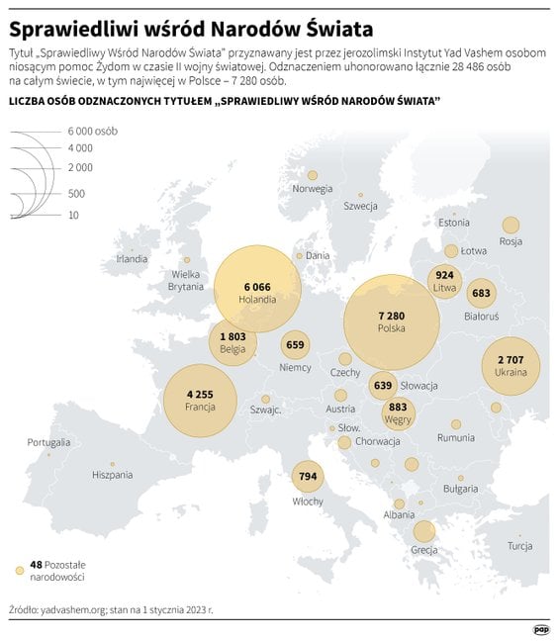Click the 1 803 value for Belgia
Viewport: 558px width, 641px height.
point(232,337)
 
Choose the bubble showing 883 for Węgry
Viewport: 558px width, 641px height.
point(398,408)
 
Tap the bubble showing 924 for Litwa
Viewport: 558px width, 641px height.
point(444,275)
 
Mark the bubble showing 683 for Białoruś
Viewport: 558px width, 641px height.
point(482,293)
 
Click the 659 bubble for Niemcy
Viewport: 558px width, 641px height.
point(295,345)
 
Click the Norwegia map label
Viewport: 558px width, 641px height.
point(313,189)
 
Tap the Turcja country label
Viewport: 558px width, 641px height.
point(519,546)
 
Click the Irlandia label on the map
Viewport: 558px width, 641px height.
point(132,259)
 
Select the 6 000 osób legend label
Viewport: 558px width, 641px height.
point(92,131)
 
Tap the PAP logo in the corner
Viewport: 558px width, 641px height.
point(540,628)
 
